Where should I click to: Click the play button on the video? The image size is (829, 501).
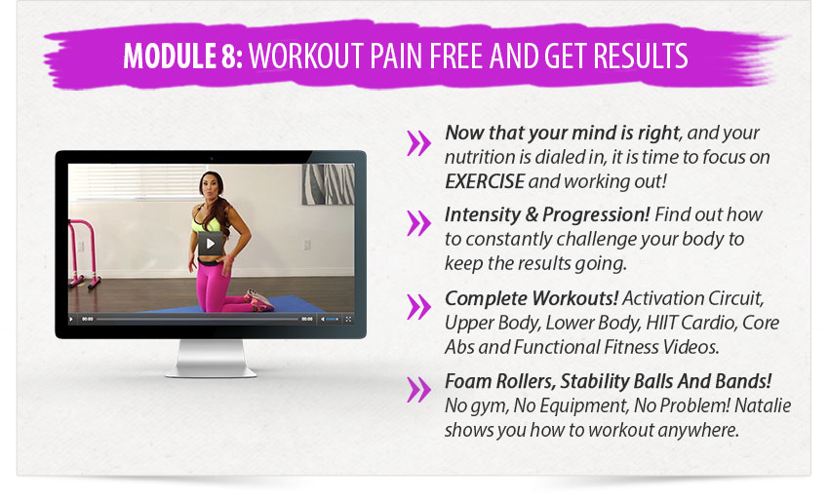click(x=210, y=243)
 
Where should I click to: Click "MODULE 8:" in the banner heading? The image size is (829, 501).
click(x=183, y=56)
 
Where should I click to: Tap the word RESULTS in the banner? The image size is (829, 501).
click(x=640, y=56)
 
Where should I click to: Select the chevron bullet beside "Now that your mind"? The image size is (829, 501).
click(x=418, y=142)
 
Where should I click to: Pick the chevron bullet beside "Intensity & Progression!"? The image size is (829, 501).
click(x=418, y=223)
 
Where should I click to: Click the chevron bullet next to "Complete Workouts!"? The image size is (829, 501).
click(x=418, y=307)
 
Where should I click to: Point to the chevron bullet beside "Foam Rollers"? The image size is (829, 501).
click(x=418, y=390)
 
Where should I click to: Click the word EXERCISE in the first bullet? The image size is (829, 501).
click(x=485, y=181)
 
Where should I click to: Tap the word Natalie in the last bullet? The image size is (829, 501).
click(x=763, y=405)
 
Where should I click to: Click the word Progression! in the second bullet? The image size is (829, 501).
click(x=596, y=214)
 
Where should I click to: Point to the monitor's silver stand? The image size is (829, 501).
click(x=211, y=359)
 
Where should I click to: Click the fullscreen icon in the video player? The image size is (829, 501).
click(x=348, y=319)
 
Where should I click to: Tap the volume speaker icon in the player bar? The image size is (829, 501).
click(x=323, y=319)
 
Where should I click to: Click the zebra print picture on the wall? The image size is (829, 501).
click(x=329, y=184)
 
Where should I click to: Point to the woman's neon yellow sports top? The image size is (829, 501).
click(x=206, y=222)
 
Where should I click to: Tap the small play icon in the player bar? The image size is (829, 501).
click(x=71, y=319)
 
